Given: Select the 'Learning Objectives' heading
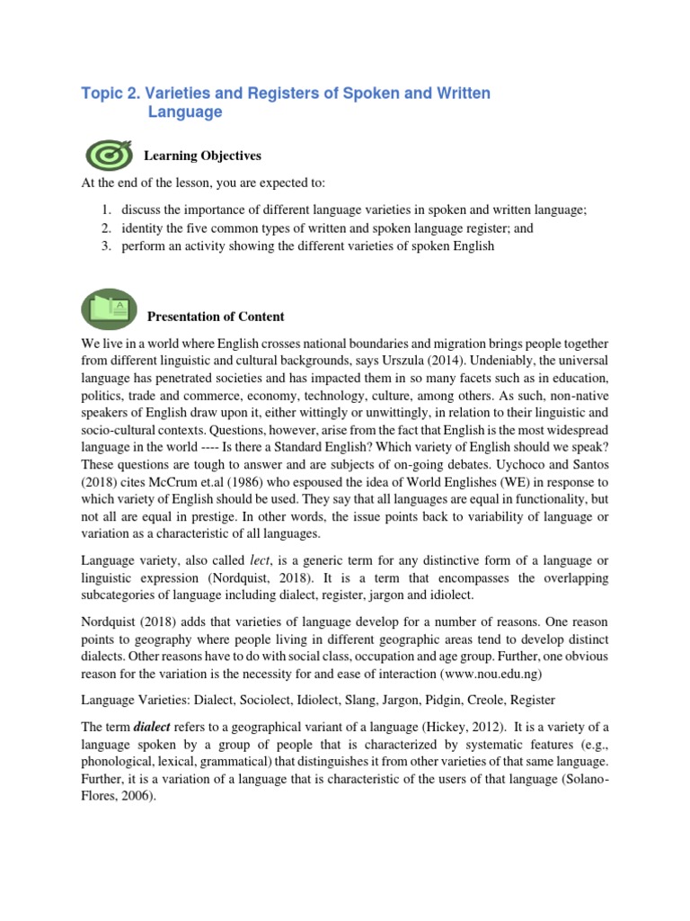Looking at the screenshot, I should pos(202,156).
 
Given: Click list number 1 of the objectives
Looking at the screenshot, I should pos(105,210).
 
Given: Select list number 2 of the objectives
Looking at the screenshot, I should pos(105,228).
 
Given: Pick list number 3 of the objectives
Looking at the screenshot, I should pos(105,246).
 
